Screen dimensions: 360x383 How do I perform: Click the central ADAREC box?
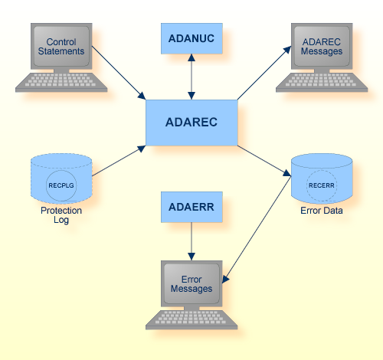tap(191, 122)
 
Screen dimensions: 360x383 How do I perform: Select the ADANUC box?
tap(191, 38)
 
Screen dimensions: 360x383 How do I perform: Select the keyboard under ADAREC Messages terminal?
tap(322, 83)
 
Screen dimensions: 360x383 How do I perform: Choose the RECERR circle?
tap(321, 185)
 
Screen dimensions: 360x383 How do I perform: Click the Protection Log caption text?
tap(61, 215)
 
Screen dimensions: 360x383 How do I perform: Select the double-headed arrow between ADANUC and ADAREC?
tap(191, 77)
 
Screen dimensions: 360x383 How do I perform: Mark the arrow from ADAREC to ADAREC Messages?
tap(264, 73)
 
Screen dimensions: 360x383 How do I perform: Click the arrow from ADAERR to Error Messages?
tap(191, 241)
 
